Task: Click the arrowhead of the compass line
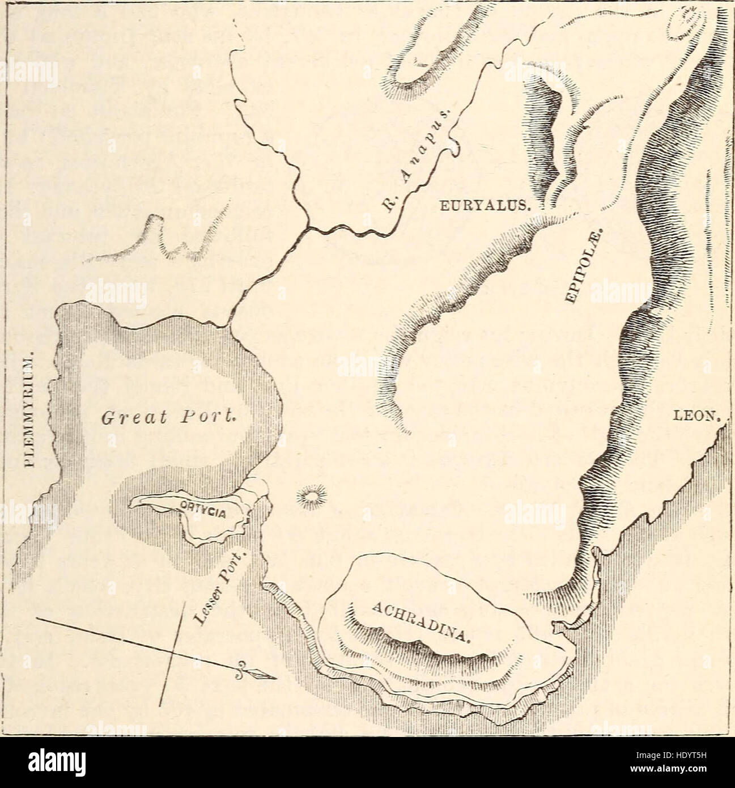(262, 675)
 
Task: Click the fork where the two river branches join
(308, 228)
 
